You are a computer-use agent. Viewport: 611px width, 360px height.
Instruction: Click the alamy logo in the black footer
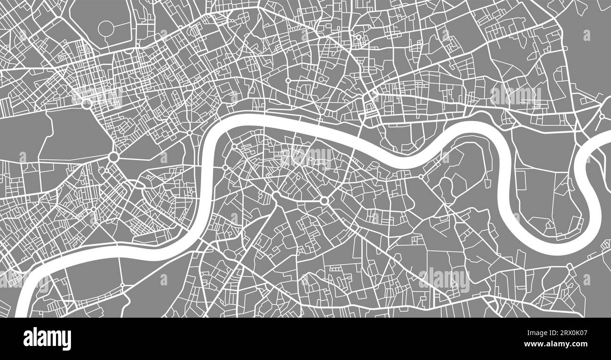(x=47, y=338)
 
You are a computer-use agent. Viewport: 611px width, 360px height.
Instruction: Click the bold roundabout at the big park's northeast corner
(x=86, y=103)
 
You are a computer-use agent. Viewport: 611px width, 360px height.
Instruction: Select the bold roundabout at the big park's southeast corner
(x=113, y=157)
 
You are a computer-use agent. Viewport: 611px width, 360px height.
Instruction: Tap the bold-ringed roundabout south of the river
(x=324, y=201)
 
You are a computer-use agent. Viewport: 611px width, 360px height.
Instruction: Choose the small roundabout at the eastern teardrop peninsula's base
(x=421, y=177)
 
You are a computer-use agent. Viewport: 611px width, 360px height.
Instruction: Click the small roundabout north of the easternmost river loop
(x=601, y=116)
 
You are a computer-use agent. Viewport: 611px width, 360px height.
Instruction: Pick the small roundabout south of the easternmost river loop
(x=570, y=266)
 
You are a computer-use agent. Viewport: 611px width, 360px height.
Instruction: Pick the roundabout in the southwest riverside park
(x=122, y=285)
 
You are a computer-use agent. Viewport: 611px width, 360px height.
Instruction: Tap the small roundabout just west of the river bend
(x=189, y=133)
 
